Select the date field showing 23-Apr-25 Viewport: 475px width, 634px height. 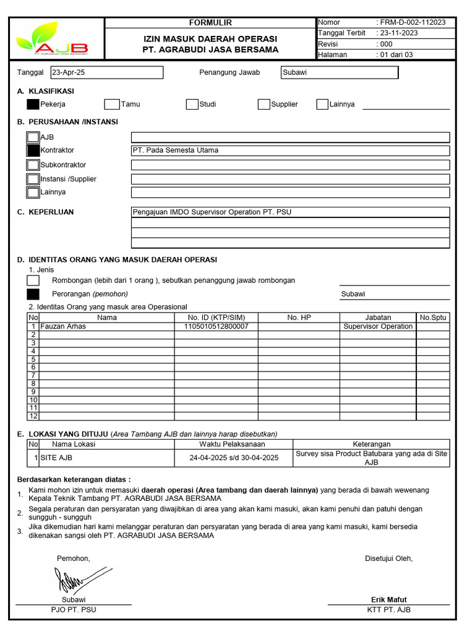pos(107,72)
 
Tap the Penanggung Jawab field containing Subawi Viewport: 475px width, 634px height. pos(339,72)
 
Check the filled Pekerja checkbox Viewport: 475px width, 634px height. pos(33,104)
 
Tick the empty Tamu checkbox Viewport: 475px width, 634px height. pos(111,104)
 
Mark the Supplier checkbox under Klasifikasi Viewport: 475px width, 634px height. pos(264,104)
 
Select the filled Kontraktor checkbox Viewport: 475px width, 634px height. pos(33,150)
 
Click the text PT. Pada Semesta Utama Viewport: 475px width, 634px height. pos(176,150)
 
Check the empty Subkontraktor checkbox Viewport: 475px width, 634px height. pos(33,165)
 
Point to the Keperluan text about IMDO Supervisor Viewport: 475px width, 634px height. pos(212,212)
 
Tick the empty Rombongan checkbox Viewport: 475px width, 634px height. pos(33,280)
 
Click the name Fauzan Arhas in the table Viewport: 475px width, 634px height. pos(63,326)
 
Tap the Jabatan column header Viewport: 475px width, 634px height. pos(378,318)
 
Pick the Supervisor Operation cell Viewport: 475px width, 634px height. pos(378,326)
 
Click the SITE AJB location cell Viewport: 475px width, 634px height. pos(56,458)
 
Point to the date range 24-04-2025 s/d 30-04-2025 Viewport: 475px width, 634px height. pos(234,458)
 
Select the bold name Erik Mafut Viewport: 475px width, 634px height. pos(388,599)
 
